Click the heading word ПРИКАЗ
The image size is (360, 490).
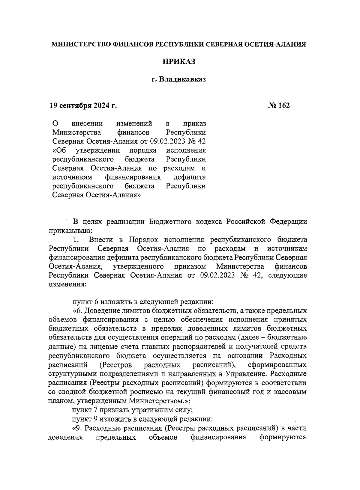(179, 62)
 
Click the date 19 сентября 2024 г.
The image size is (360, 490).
(83, 105)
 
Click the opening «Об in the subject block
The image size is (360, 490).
(59, 150)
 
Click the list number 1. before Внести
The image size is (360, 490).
(76, 240)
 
